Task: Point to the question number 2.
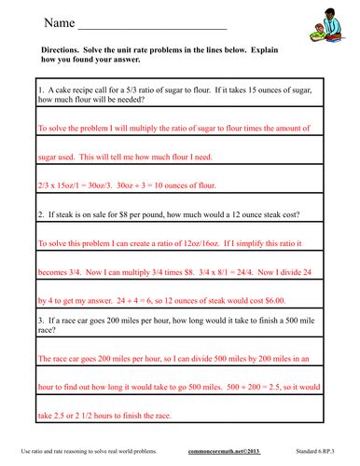[x=40, y=214]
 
